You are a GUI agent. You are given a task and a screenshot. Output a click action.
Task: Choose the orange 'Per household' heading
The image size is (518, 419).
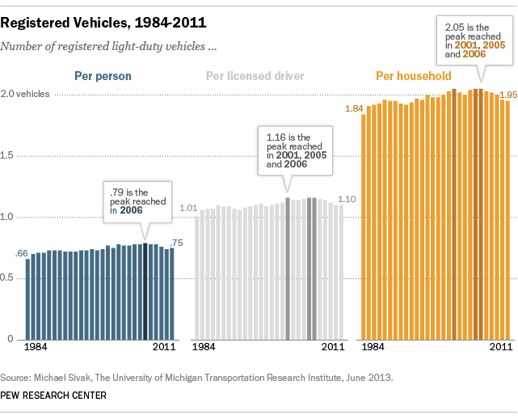click(413, 77)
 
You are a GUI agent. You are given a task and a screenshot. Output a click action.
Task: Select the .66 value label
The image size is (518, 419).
click(22, 254)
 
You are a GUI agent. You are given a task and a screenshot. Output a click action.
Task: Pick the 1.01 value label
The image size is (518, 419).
click(188, 209)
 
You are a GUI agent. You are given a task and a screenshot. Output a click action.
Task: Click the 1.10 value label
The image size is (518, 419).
click(346, 199)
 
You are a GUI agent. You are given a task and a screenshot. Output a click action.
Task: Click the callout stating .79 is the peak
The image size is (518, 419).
click(135, 201)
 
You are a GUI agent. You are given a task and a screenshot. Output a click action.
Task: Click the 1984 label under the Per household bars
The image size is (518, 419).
click(373, 347)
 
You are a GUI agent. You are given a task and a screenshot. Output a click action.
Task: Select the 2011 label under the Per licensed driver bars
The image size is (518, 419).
click(333, 347)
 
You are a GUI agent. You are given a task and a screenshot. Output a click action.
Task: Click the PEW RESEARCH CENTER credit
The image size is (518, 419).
click(53, 396)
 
